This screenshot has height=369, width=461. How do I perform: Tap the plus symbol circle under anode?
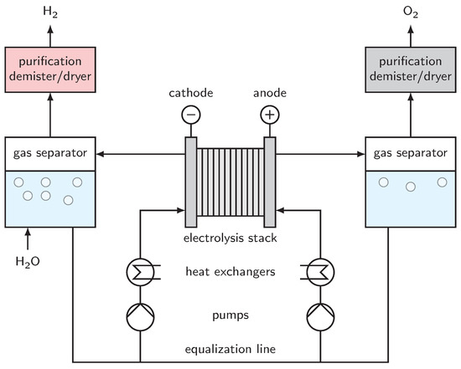point(270,115)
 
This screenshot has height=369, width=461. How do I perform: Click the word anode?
point(270,94)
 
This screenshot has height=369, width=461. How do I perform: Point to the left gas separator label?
point(50,155)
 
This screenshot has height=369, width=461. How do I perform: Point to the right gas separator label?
point(411,155)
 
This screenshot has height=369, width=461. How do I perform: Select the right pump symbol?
point(320,315)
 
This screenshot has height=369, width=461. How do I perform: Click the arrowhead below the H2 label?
point(50,28)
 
